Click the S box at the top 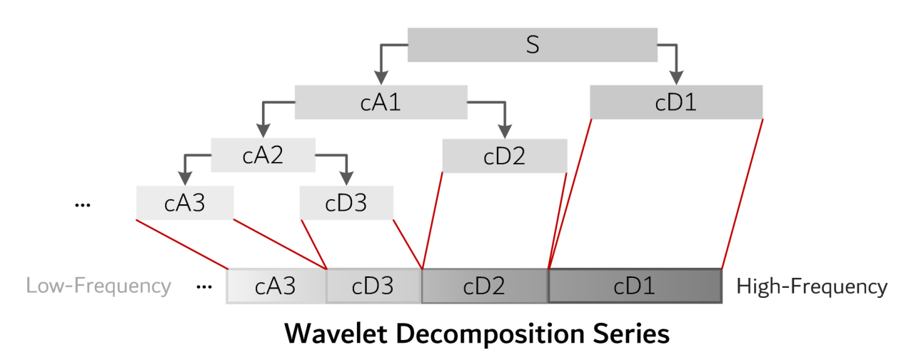pos(533,45)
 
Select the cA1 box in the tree pos(381,102)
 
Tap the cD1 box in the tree pos(676,102)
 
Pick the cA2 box pos(263,155)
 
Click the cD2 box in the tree pos(505,156)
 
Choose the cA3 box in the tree pos(185,203)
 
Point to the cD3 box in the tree pos(346,203)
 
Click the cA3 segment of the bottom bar pos(276,286)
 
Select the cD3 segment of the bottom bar pos(373,286)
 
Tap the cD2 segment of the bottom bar pos(485,286)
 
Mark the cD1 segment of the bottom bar pos(635,286)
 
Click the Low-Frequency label pos(99,286)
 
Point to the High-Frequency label pos(812,286)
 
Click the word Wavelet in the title pos(336,334)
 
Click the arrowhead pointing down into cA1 pos(381,77)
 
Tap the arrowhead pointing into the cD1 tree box pos(676,77)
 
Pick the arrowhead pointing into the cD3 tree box pos(347,179)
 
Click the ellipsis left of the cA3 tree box pos(83,206)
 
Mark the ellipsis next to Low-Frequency pos(204,287)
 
